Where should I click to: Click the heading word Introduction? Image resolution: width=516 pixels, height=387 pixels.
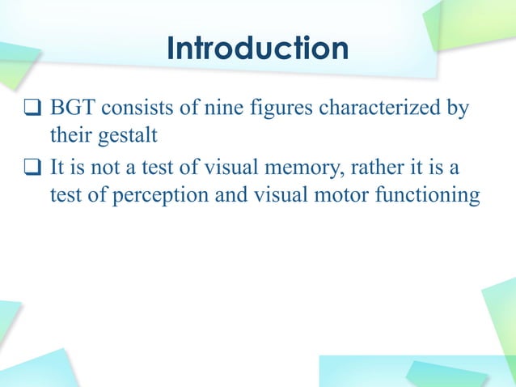[x=257, y=49]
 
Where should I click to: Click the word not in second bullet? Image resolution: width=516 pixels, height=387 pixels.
[x=104, y=169]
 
